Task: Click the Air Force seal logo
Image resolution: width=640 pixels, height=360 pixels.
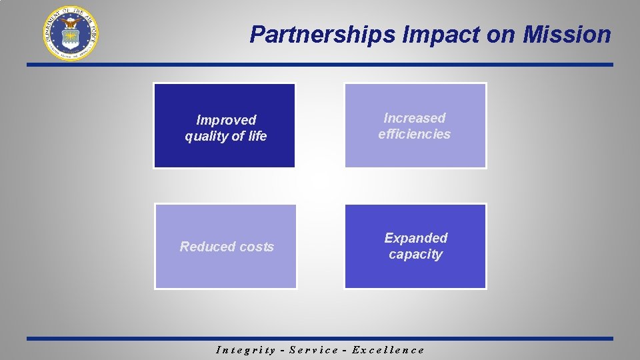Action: [x=71, y=33]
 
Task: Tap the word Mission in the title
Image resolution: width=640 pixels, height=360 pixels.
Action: [x=567, y=35]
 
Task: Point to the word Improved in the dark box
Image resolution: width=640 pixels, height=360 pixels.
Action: [x=226, y=120]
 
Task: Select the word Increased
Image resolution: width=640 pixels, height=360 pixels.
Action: [x=415, y=118]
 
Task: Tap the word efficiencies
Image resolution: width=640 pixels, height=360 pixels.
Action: [x=415, y=134]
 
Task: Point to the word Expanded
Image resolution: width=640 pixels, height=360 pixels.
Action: [x=416, y=238]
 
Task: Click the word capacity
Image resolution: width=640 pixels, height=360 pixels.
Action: [x=416, y=255]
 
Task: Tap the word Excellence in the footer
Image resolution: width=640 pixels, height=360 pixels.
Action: [x=388, y=350]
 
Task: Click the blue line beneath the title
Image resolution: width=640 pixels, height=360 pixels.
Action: [x=320, y=65]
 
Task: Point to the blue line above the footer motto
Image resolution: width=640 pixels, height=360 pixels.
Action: [x=320, y=339]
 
